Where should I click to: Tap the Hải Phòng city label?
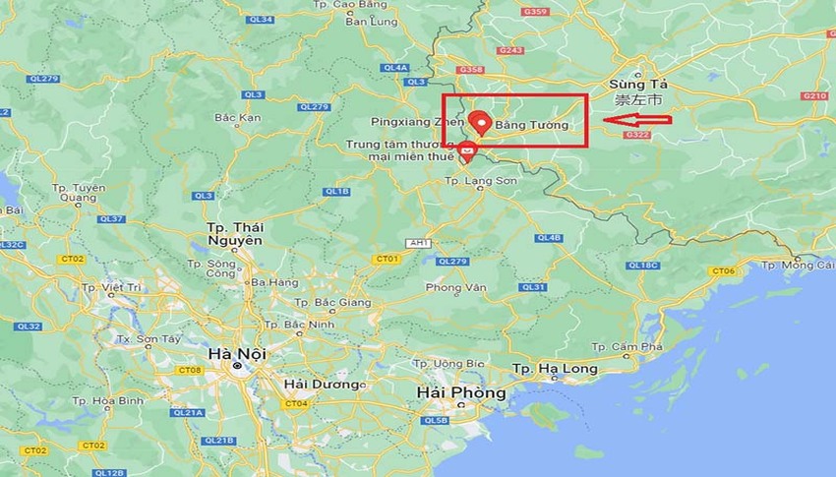(461, 392)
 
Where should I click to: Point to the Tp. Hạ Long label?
(555, 369)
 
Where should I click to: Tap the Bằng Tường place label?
(531, 126)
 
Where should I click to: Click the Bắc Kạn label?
(237, 118)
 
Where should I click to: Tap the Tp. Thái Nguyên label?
(236, 234)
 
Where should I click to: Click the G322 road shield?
(637, 135)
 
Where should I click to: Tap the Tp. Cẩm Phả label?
(625, 347)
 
